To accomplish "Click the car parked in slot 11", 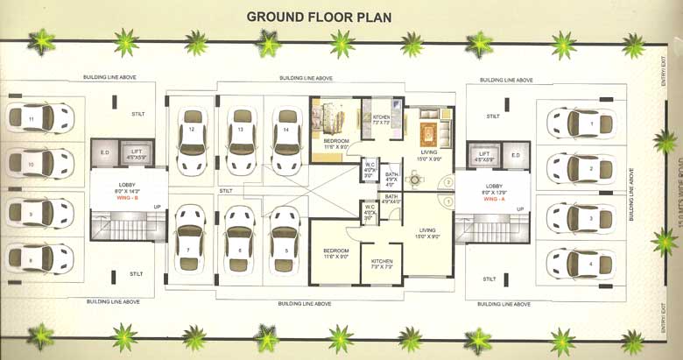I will pos(39,116).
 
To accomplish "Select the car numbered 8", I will pos(39,258).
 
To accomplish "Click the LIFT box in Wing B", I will pos(136,154).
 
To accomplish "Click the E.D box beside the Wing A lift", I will pos(516,156).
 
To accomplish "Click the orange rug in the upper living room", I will pos(428,135).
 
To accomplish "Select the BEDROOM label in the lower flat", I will pos(335,251).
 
